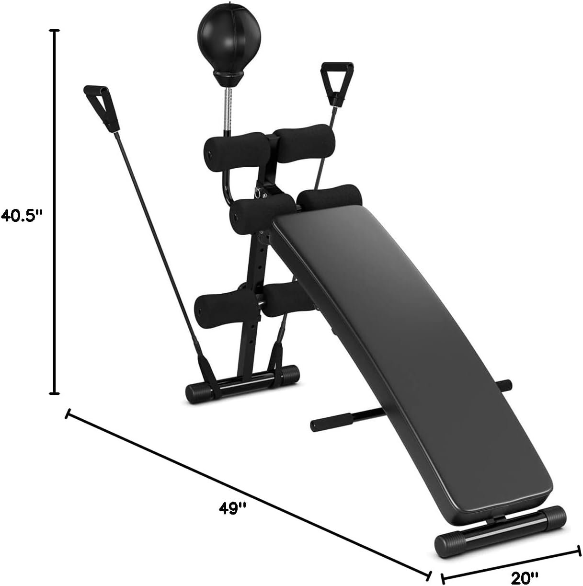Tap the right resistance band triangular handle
[x=337, y=80]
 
